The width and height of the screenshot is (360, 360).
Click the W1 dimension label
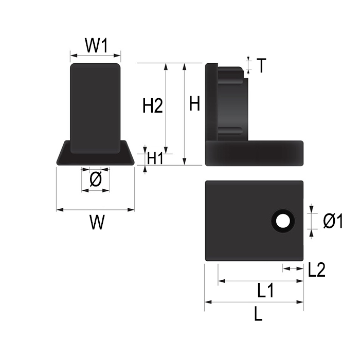pos(97,45)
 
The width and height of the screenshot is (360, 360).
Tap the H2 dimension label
pos(153,105)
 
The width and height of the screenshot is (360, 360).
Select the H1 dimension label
pos(155,158)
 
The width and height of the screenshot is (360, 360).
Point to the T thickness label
pos(261,65)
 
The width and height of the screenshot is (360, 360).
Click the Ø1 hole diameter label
pos(333,221)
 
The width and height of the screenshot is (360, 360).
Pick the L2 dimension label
pos(317,269)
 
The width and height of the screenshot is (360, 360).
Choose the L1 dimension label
pos(265,291)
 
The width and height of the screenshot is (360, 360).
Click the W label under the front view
pos(97,222)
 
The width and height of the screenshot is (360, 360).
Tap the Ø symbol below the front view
pos(96,179)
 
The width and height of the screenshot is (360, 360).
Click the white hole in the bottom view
pos(282,221)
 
